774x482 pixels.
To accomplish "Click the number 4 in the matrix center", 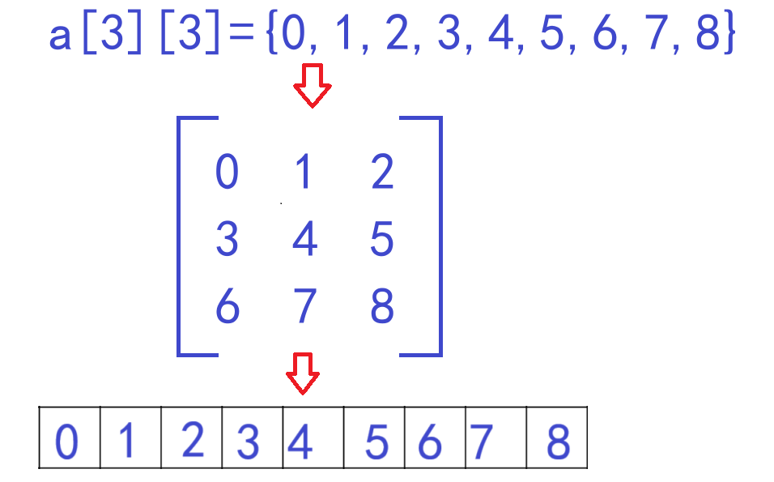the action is (x=304, y=241).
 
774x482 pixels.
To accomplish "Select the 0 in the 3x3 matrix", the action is (x=227, y=173).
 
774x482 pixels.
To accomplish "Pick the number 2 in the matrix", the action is (x=382, y=173).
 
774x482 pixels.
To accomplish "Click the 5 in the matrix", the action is (x=381, y=241).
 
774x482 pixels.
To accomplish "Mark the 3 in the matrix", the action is (x=227, y=241).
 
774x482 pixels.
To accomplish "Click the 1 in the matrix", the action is (x=304, y=173).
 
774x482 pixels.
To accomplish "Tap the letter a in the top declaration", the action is (x=61, y=36).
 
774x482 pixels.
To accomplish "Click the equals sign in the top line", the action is (x=240, y=37).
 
